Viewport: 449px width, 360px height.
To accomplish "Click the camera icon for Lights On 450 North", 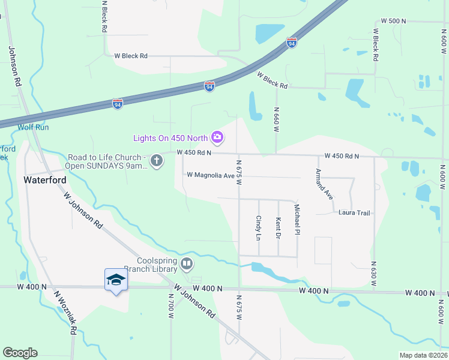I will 217,138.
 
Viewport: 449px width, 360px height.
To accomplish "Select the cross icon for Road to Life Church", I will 157,161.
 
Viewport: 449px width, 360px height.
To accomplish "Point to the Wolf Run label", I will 33,127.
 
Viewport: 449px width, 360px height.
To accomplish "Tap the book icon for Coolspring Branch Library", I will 187,263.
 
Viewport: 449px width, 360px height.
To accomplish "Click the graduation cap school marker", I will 116,280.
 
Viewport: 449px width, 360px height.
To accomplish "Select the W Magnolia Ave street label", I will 211,175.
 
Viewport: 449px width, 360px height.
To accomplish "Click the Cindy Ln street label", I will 259,229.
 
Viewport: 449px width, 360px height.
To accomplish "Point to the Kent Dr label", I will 279,229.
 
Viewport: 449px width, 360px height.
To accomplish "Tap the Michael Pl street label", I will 297,220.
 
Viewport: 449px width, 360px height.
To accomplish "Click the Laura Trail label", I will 355,212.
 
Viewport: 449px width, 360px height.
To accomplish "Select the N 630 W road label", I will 374,272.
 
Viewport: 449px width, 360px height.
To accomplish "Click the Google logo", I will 20,352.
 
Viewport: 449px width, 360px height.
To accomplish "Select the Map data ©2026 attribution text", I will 423,355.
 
